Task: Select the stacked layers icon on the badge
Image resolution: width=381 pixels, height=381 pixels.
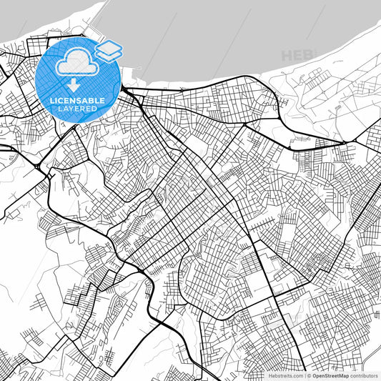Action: (x=109, y=50)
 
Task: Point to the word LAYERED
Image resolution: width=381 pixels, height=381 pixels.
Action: (x=78, y=109)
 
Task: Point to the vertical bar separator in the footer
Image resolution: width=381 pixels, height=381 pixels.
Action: (x=305, y=375)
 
